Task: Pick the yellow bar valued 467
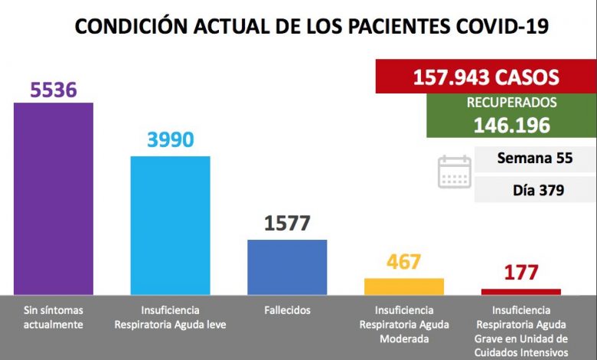point(403,286)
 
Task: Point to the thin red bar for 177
point(520,291)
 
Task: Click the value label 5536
point(54,90)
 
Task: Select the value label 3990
point(170,139)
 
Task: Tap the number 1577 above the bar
point(287,224)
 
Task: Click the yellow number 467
point(403,262)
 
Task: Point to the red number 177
point(520,272)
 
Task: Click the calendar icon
point(454,172)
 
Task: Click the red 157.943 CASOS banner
point(486,77)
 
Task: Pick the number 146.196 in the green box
point(511,125)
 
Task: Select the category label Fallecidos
point(287,310)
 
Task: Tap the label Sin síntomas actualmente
point(54,317)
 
